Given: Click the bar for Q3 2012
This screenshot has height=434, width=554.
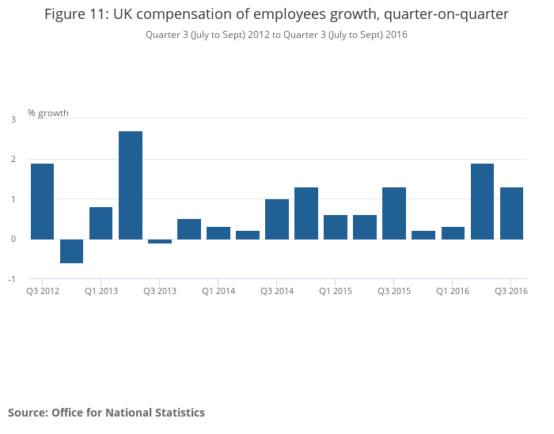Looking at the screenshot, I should pos(43,201).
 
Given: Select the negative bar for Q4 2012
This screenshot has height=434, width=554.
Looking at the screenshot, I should pos(72,251).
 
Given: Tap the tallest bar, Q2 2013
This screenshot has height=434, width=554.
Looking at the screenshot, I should pos(131,185).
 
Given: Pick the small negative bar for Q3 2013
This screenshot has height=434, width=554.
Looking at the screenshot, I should pos(160,241).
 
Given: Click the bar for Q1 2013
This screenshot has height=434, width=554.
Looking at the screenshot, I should pos(101,223).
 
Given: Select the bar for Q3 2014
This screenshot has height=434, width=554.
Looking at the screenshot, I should pos(277,219).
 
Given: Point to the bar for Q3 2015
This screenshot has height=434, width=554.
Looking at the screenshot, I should pos(394,213).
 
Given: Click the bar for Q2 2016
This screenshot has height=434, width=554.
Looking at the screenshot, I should pos(482,201).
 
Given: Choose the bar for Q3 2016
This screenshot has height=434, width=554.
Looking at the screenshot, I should pos(511,213).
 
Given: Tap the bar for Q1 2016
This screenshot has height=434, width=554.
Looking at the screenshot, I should pos(453,232).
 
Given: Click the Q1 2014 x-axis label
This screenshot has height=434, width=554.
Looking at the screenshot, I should pos(218,292).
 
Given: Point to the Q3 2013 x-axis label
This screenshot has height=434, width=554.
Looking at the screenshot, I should pos(160,292).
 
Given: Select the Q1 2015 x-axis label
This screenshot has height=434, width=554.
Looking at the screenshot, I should pos(336,292).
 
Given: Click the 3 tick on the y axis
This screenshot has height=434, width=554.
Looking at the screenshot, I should pos(13,119).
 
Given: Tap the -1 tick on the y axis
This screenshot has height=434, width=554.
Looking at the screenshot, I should pos(11,279).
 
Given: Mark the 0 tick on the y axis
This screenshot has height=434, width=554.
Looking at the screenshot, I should pos(13,239).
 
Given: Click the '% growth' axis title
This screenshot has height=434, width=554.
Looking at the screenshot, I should pos(48,113).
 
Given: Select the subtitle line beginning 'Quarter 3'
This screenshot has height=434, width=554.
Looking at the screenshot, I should pos(276,35).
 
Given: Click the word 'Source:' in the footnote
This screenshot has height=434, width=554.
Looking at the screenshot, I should pos(28,413).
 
